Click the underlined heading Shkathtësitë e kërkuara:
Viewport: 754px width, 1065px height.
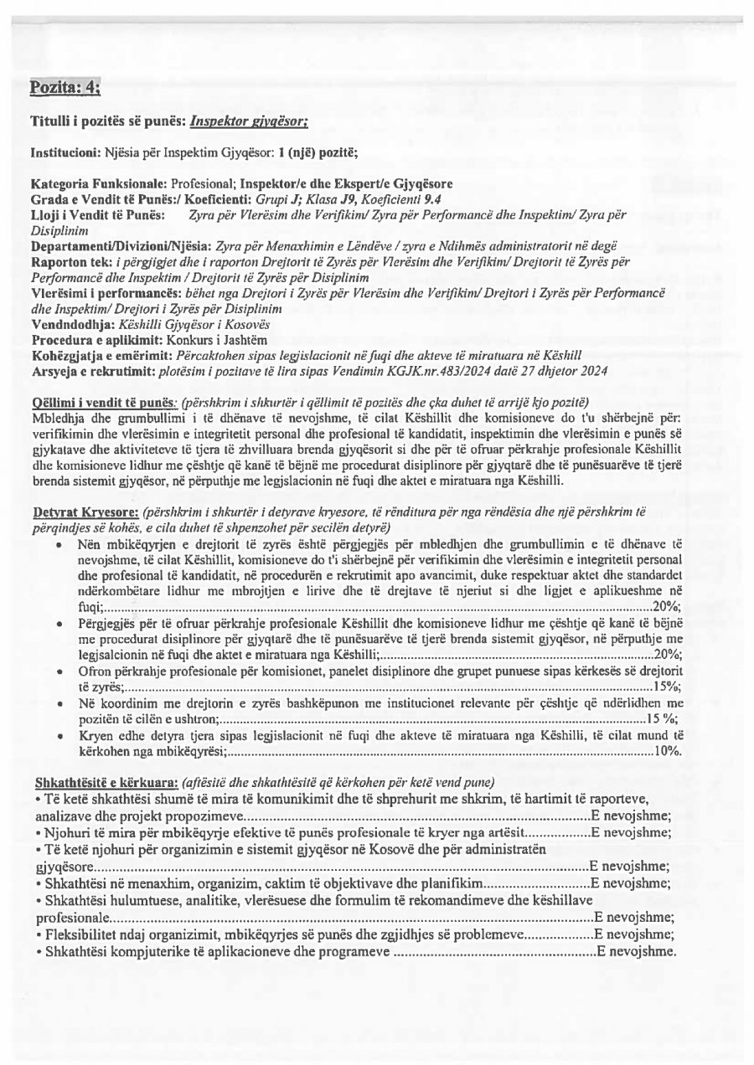click(x=105, y=782)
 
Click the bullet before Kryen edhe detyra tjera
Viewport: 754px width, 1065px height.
click(x=56, y=736)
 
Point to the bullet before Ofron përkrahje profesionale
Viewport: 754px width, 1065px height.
click(x=56, y=672)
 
